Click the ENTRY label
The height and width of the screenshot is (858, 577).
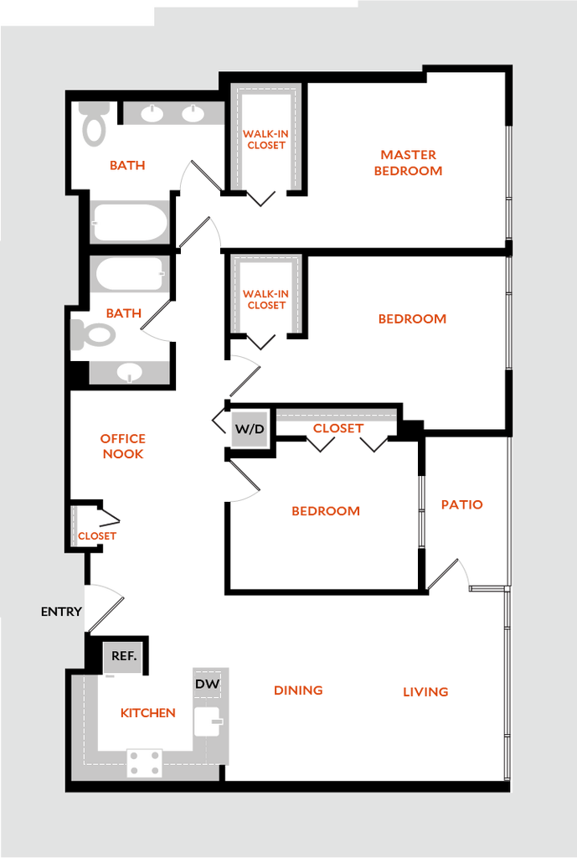click(x=61, y=612)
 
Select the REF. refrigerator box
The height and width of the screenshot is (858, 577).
click(x=123, y=657)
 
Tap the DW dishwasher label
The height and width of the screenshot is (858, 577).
click(x=208, y=685)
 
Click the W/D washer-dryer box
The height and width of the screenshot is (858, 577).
click(x=249, y=430)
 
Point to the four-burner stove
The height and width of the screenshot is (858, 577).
click(x=145, y=762)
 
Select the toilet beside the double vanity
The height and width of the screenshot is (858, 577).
click(x=94, y=124)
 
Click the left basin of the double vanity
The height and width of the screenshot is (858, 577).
click(x=152, y=113)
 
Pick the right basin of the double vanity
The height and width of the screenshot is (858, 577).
click(x=193, y=113)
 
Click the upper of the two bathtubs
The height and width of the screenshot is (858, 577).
click(x=130, y=222)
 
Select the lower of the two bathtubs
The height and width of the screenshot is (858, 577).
click(x=130, y=274)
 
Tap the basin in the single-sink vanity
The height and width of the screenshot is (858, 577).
click(x=129, y=371)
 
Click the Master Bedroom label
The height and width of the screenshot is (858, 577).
click(x=408, y=163)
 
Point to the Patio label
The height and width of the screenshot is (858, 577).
click(x=461, y=504)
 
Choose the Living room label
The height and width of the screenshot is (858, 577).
click(x=425, y=692)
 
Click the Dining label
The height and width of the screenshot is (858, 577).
click(x=297, y=690)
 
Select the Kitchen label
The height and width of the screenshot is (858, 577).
click(x=147, y=714)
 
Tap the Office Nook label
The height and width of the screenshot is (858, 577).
click(x=123, y=446)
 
